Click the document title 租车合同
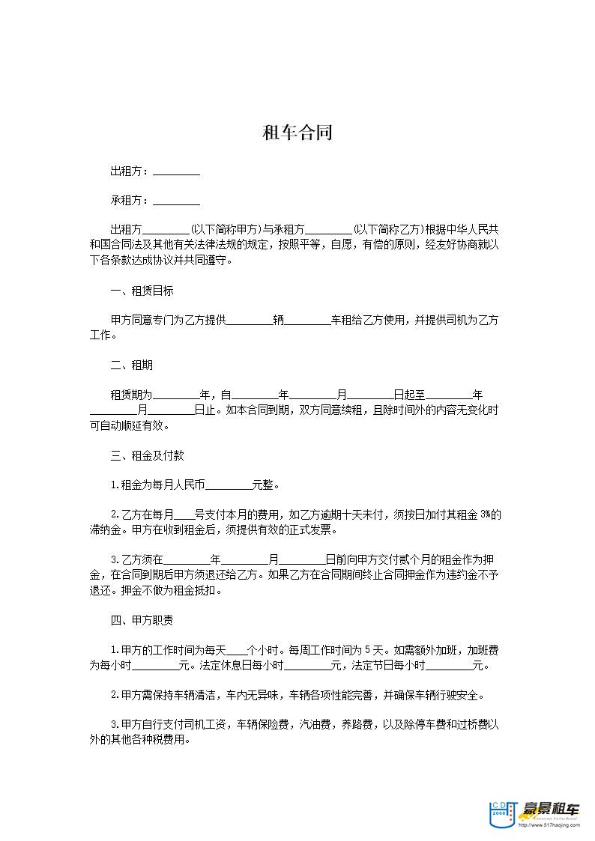pos(297,134)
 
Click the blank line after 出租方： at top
pos(176,172)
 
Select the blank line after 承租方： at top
pos(176,201)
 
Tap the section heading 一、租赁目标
pos(142,291)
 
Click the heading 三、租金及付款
pos(147,455)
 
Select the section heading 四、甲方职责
pos(142,620)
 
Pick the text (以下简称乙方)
pos(387,230)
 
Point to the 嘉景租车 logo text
pos(553,810)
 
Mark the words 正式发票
pos(309,530)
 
